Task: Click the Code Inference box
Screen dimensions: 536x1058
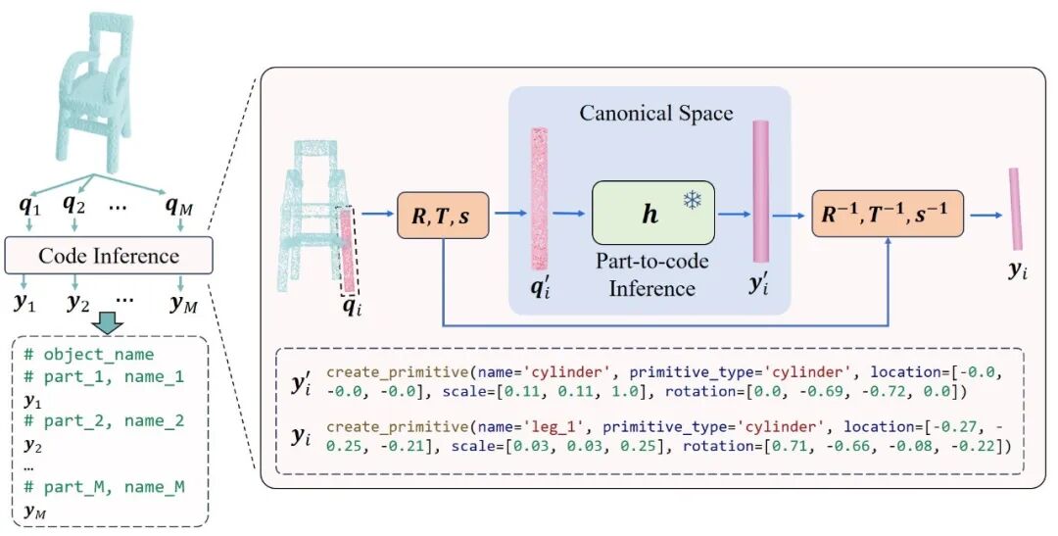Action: (109, 257)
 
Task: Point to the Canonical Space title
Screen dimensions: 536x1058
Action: (656, 114)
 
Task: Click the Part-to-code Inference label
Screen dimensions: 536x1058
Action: (652, 275)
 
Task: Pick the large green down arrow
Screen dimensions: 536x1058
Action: (109, 324)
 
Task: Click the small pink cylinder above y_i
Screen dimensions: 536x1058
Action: (1015, 208)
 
